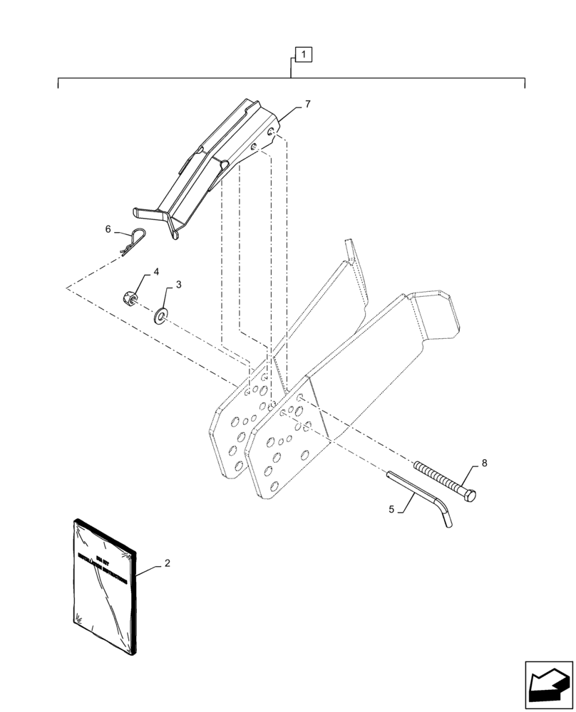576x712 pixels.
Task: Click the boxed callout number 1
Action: coord(303,54)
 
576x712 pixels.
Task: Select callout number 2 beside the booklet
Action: coord(167,563)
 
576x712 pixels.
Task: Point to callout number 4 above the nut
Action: coord(155,272)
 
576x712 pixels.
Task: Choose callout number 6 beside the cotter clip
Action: coord(108,229)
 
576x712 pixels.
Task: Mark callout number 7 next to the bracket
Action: coord(307,105)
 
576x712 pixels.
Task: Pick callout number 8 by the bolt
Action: coord(484,463)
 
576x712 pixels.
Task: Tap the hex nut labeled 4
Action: coord(130,297)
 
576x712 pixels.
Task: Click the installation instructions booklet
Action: coord(103,584)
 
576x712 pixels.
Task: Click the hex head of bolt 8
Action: coord(471,493)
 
